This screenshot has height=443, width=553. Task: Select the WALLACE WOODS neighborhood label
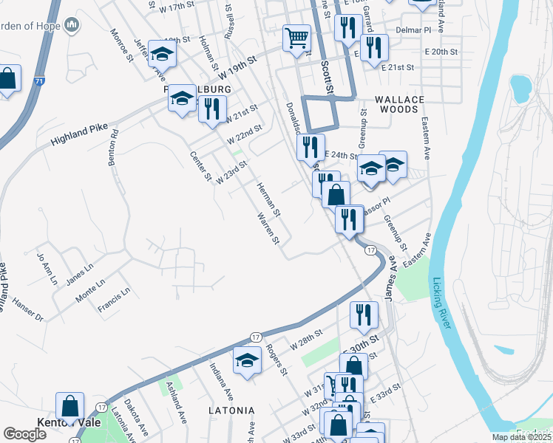pos(399,104)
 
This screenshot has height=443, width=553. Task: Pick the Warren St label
pos(267,229)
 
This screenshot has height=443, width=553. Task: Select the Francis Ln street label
pos(115,300)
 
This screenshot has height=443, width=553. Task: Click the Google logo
pos(25,433)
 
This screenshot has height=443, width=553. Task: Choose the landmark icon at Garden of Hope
pos(72,27)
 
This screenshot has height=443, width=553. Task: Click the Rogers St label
pos(276,359)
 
